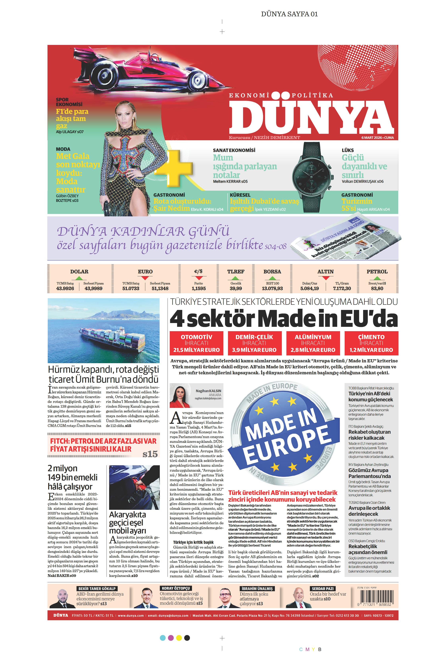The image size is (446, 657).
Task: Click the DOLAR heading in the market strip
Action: click(x=79, y=272)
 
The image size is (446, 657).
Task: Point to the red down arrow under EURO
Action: click(x=145, y=278)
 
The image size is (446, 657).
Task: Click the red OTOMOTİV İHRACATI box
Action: click(x=196, y=343)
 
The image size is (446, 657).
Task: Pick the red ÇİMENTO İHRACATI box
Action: click(x=371, y=343)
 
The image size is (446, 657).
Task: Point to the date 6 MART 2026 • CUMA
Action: click(x=377, y=138)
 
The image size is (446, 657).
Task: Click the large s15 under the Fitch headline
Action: click(x=150, y=454)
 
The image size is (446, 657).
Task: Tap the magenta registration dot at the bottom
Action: click(x=171, y=638)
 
